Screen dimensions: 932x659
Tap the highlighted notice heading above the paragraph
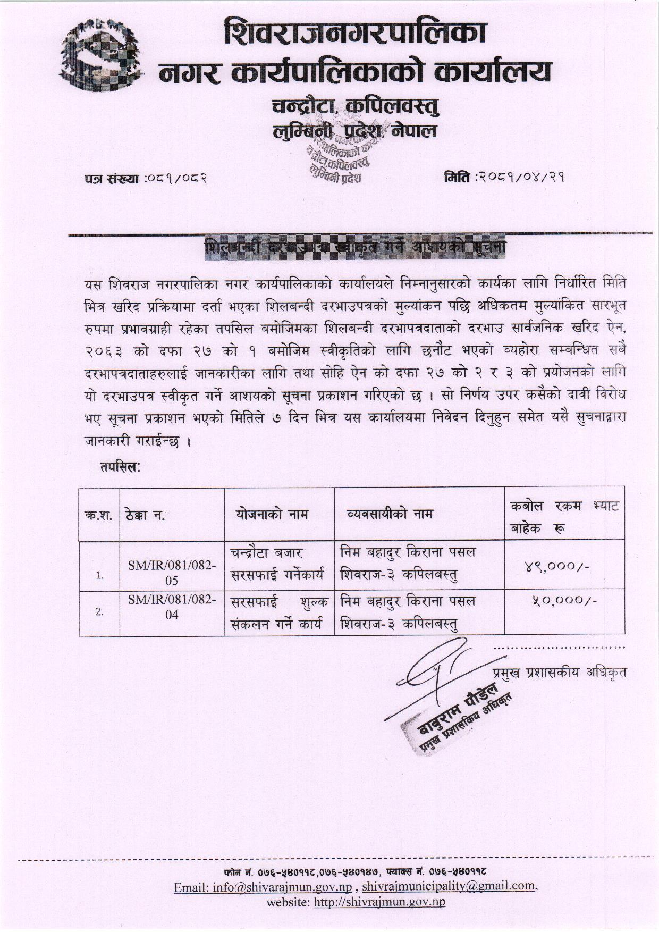click(356, 248)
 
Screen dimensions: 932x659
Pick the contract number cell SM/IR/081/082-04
click(172, 607)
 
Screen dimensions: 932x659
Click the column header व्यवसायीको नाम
click(389, 514)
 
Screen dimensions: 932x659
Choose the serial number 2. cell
click(99, 611)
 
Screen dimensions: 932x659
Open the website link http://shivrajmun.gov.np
click(379, 902)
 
